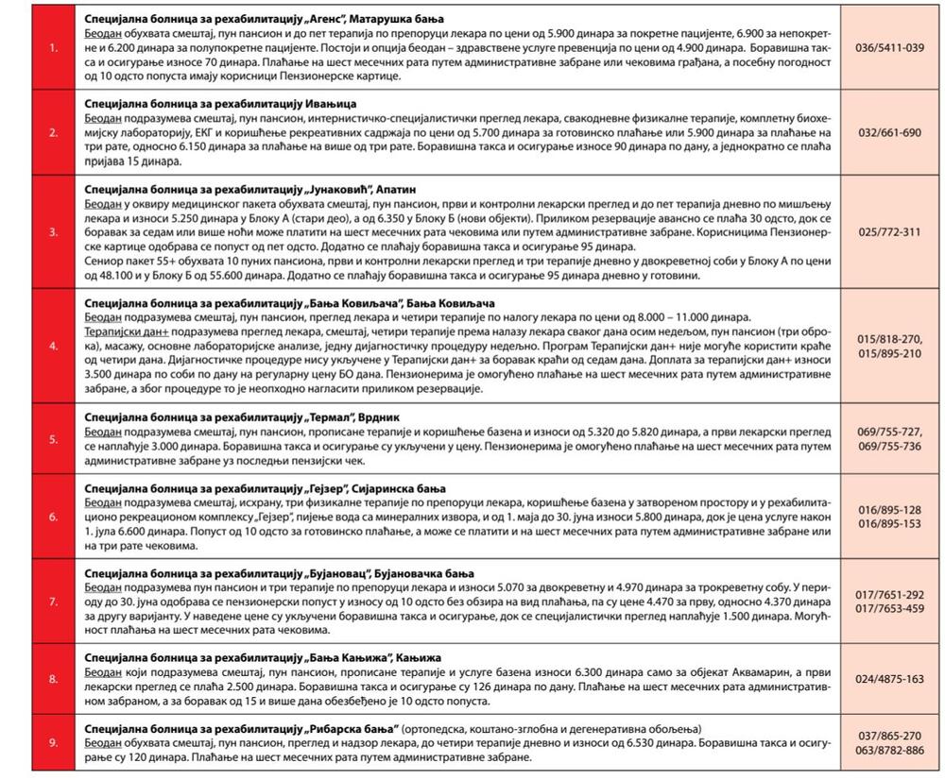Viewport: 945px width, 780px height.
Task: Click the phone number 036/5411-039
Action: (x=889, y=47)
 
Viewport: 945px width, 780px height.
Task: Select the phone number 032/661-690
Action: (x=889, y=132)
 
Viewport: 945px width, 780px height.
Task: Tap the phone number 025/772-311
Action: (x=889, y=231)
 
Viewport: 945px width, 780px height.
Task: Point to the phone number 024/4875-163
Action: (x=889, y=679)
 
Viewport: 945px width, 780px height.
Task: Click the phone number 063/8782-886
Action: (x=889, y=750)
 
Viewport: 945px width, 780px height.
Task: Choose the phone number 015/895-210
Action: (x=889, y=353)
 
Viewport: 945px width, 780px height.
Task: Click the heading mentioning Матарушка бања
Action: (x=265, y=19)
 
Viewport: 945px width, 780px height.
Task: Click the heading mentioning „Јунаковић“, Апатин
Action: (x=249, y=189)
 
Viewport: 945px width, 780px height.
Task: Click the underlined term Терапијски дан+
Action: (x=125, y=334)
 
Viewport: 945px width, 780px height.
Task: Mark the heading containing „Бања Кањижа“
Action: (x=250, y=657)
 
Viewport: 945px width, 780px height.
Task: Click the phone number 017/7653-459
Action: (x=889, y=608)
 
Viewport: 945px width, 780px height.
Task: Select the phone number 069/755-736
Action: (x=889, y=446)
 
